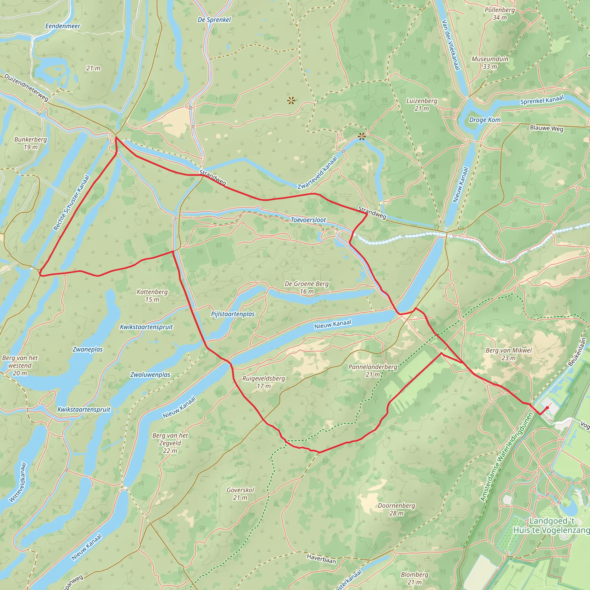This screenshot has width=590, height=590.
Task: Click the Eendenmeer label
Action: pos(63,26)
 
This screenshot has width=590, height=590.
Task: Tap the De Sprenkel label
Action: pos(214,20)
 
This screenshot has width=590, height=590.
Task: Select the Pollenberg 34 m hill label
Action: pos(500,14)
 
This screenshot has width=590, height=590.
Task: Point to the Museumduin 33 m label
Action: pos(490,63)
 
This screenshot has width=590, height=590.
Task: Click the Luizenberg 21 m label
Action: pos(421,105)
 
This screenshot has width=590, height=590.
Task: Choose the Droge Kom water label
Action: pos(485,120)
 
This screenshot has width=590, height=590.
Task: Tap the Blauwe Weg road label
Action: pos(546,128)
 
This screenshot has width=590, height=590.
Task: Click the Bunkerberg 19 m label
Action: pos(31,143)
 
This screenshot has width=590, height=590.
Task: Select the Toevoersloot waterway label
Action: pos(308,220)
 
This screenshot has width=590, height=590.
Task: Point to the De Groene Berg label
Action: pos(307,287)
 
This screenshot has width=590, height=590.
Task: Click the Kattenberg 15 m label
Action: pos(152,296)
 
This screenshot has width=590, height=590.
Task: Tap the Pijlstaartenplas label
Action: pos(233,314)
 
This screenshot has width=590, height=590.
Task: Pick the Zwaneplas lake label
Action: pos(88,349)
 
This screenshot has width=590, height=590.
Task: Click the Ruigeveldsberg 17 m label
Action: pos(264,382)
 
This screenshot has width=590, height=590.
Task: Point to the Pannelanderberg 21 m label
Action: pos(372,370)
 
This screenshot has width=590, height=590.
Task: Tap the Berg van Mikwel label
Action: pos(508,354)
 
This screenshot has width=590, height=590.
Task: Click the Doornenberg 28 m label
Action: pos(396,509)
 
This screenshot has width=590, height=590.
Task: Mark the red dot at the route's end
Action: pos(547,408)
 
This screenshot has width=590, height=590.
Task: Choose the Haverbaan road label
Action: pos(321,559)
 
